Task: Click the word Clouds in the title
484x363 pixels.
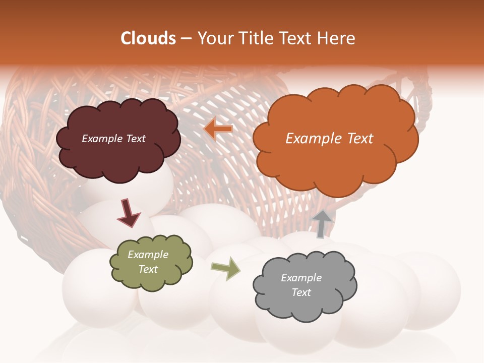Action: point(148,38)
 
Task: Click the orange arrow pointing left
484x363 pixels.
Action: point(218,129)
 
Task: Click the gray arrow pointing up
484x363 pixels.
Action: point(322,224)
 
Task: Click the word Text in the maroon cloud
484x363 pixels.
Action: point(135,139)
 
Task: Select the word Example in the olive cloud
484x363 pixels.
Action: point(148,255)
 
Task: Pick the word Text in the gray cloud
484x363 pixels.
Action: point(301,292)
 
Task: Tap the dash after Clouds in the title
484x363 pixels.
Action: point(186,38)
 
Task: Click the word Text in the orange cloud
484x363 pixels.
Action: point(359,139)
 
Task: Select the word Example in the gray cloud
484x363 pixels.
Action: point(301,278)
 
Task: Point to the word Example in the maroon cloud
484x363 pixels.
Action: point(102,139)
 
